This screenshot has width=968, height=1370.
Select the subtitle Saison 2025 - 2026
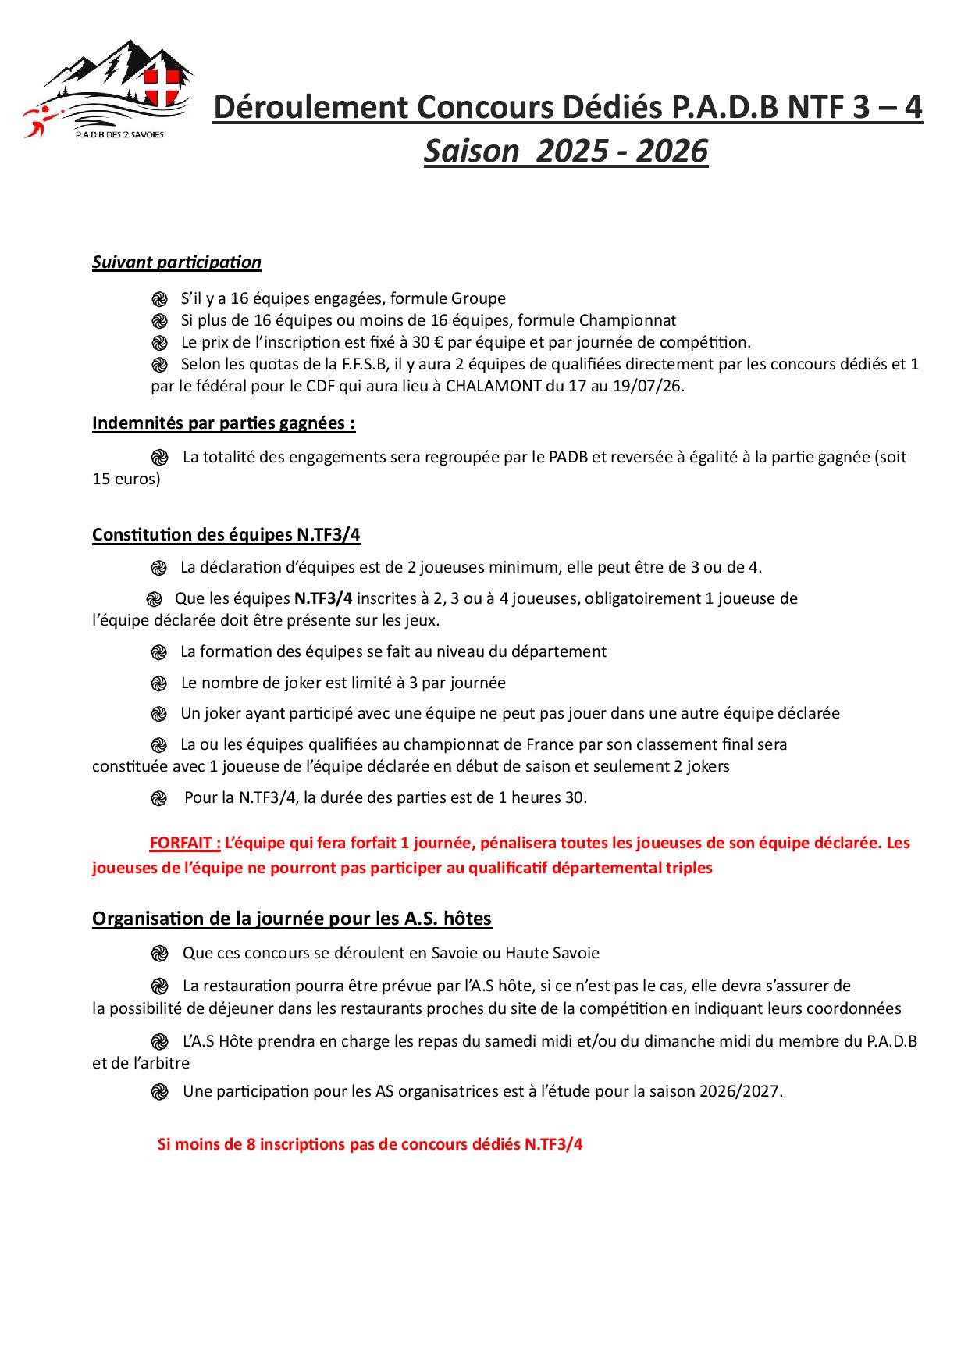pos(566,152)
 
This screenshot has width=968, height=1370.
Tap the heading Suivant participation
pos(176,262)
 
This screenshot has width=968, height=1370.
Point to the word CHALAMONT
pos(493,386)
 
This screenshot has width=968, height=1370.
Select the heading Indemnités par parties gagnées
pos(223,423)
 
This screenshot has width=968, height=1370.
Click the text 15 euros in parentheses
pos(125,479)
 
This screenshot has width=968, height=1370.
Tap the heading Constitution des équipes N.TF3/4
pos(226,535)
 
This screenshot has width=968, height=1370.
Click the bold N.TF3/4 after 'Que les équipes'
pos(323,599)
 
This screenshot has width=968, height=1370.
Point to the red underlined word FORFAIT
pos(185,844)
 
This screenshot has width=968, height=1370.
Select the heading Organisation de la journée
pos(292,919)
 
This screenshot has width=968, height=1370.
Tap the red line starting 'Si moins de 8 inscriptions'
pos(370,1145)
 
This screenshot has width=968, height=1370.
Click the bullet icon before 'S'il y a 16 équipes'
pos(159,299)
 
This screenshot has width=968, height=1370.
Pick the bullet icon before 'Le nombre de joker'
pos(159,683)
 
